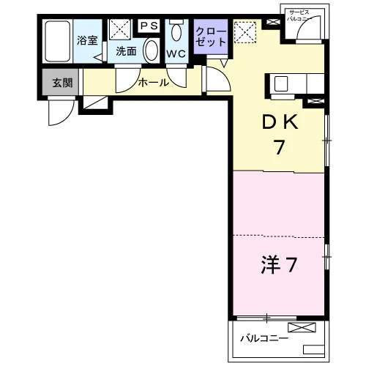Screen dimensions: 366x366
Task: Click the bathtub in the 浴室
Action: pyautogui.click(x=58, y=41)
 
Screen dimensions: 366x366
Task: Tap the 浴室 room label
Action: pyautogui.click(x=87, y=40)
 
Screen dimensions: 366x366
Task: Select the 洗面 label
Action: pyautogui.click(x=126, y=51)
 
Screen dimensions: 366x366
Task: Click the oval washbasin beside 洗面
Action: pyautogui.click(x=152, y=51)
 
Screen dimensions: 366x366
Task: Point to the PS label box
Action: pyautogui.click(x=149, y=26)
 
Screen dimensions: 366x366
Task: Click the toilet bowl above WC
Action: pyautogui.click(x=176, y=31)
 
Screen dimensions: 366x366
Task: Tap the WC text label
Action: pyautogui.click(x=176, y=54)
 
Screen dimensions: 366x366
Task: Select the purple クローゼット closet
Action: pyautogui.click(x=211, y=37)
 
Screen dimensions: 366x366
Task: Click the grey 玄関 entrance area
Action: pyautogui.click(x=60, y=82)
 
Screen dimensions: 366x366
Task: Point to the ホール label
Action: pyautogui.click(x=154, y=83)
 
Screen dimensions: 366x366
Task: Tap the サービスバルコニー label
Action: pyautogui.click(x=299, y=15)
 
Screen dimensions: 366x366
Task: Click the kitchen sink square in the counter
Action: pyautogui.click(x=281, y=83)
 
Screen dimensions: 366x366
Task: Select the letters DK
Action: pyautogui.click(x=280, y=122)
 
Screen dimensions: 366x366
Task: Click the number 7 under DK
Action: pyautogui.click(x=280, y=147)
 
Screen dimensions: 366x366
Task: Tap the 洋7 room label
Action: pyautogui.click(x=279, y=264)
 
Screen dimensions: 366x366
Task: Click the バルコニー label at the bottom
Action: pyautogui.click(x=264, y=338)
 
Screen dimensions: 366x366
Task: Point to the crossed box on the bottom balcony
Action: pyautogui.click(x=302, y=327)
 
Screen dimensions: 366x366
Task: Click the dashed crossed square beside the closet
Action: pyautogui.click(x=245, y=32)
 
